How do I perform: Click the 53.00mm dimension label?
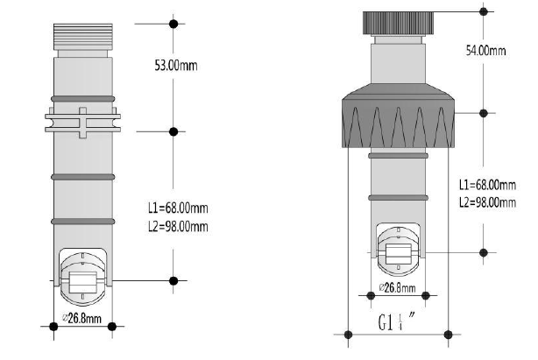[x=176, y=65]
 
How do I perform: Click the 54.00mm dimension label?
[x=485, y=51]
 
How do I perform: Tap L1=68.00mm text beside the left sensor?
[x=178, y=208]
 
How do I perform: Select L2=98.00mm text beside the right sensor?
[x=487, y=202]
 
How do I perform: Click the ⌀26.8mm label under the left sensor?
[x=82, y=318]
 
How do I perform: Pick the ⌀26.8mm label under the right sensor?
[x=397, y=287]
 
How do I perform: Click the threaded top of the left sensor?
[x=83, y=37]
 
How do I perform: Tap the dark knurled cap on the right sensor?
[x=398, y=23]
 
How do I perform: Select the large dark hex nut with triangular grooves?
[x=398, y=116]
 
